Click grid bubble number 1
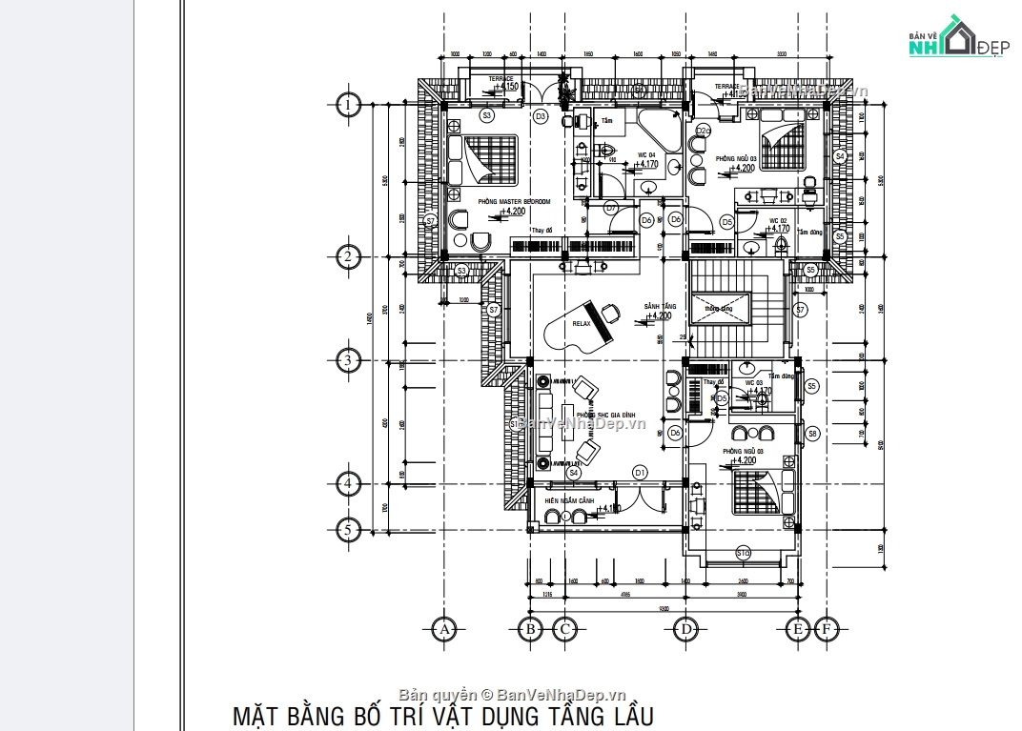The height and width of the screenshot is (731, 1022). coord(349,105)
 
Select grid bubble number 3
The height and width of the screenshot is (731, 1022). coord(349,360)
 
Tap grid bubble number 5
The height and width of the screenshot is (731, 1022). coord(349,529)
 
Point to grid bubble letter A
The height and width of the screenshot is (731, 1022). coord(442,629)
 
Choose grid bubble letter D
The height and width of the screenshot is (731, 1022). coord(684,629)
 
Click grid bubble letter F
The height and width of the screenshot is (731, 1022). coord(826,629)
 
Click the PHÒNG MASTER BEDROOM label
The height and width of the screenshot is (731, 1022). coord(514,201)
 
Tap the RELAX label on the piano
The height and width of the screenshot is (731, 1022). coord(582,324)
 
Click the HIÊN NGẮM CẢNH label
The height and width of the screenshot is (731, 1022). coord(569,500)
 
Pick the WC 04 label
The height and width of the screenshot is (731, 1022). coord(645,154)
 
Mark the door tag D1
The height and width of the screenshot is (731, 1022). coord(640,472)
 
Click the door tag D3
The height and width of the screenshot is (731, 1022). coord(540,116)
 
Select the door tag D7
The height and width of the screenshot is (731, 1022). coord(611,207)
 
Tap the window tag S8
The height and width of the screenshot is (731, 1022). coord(812,434)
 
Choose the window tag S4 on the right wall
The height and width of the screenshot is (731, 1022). coord(839,155)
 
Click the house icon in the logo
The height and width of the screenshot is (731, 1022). coord(956,37)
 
